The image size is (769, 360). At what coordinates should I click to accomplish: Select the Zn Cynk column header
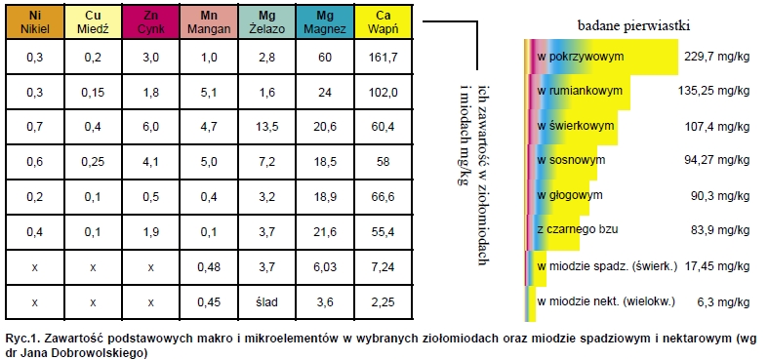(150, 22)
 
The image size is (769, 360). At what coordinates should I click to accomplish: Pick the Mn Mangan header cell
(208, 22)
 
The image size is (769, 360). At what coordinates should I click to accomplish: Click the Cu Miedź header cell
(92, 22)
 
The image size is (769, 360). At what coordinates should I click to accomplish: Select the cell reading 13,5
(266, 126)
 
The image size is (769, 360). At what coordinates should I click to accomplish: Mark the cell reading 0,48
(208, 265)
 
